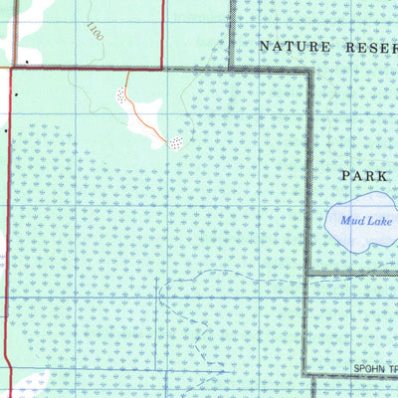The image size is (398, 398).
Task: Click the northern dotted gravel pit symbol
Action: pyautogui.click(x=121, y=97)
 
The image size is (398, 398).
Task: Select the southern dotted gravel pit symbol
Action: pyautogui.click(x=176, y=142)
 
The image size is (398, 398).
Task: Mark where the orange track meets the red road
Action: pyautogui.click(x=127, y=70)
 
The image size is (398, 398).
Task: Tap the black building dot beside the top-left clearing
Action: pyautogui.click(x=26, y=62)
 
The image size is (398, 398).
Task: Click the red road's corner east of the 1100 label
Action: pyautogui.click(x=163, y=69)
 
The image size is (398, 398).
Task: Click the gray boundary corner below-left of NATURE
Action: pyautogui.click(x=231, y=69)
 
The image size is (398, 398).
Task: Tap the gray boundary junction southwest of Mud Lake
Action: pyautogui.click(x=308, y=274)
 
